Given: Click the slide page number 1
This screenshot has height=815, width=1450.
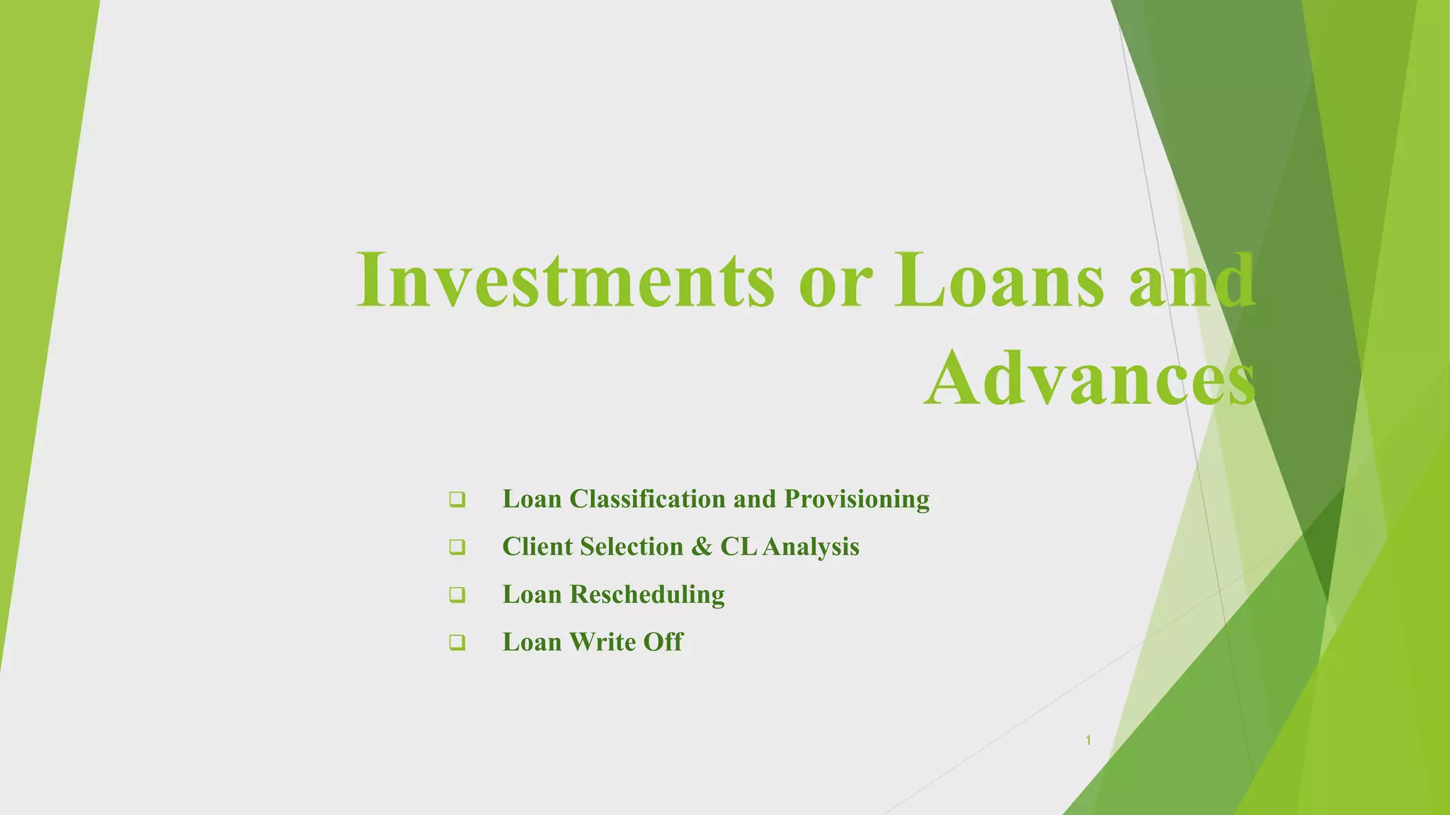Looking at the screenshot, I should [1088, 741].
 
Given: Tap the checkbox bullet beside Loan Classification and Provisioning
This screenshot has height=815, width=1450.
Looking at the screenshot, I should [457, 499].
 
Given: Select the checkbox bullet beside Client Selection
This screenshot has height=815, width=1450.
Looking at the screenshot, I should [457, 547].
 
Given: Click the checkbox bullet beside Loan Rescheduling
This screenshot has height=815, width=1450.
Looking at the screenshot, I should [457, 594].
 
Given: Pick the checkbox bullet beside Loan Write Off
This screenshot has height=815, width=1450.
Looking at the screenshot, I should [457, 642].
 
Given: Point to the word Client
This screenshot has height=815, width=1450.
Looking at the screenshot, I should [533, 547].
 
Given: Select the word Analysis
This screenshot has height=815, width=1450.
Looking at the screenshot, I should [811, 547].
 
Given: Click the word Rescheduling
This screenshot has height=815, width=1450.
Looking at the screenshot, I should [647, 594].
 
